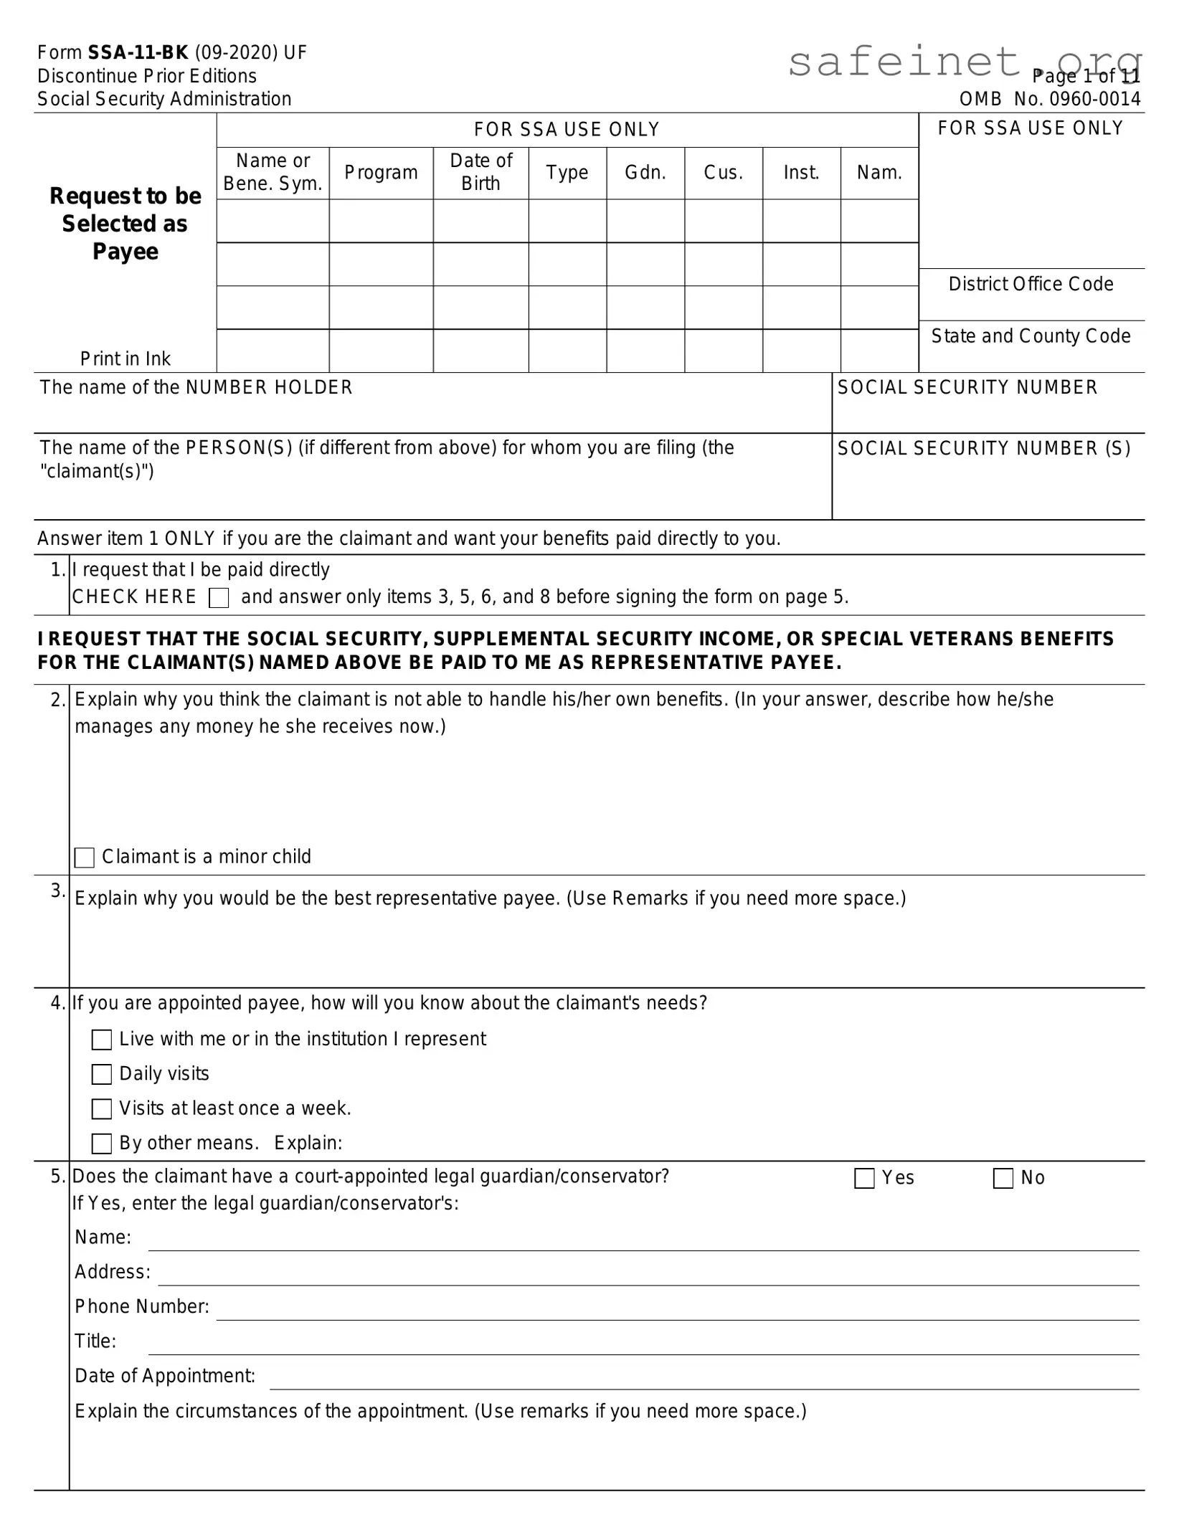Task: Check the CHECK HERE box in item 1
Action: coord(219,598)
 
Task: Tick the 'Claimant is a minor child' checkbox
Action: coord(85,857)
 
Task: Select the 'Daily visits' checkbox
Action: coord(102,1074)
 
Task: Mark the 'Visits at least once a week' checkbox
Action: coord(102,1108)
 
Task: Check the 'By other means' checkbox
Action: coord(102,1144)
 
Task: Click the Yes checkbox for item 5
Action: coord(864,1178)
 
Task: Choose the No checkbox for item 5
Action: coord(1003,1178)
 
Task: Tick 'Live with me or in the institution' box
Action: coord(102,1040)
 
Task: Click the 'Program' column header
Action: coord(381,173)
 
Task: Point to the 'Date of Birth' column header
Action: coord(480,173)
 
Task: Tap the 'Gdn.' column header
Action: coord(645,173)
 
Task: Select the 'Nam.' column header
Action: coord(879,173)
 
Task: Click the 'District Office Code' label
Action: coord(1031,285)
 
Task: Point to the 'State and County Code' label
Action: coord(1031,336)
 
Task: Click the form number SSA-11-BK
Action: coord(138,53)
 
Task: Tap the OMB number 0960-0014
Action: coord(1076,99)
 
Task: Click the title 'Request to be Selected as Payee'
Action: coord(126,224)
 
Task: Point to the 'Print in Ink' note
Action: coord(126,358)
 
